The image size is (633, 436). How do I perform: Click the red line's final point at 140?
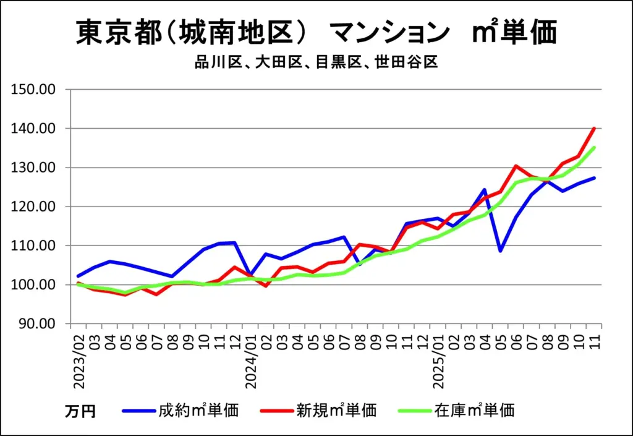(594, 129)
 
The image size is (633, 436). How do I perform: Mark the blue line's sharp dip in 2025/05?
(500, 250)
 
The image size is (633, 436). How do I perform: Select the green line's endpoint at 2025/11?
(594, 148)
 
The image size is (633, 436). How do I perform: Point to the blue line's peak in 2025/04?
(485, 190)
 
